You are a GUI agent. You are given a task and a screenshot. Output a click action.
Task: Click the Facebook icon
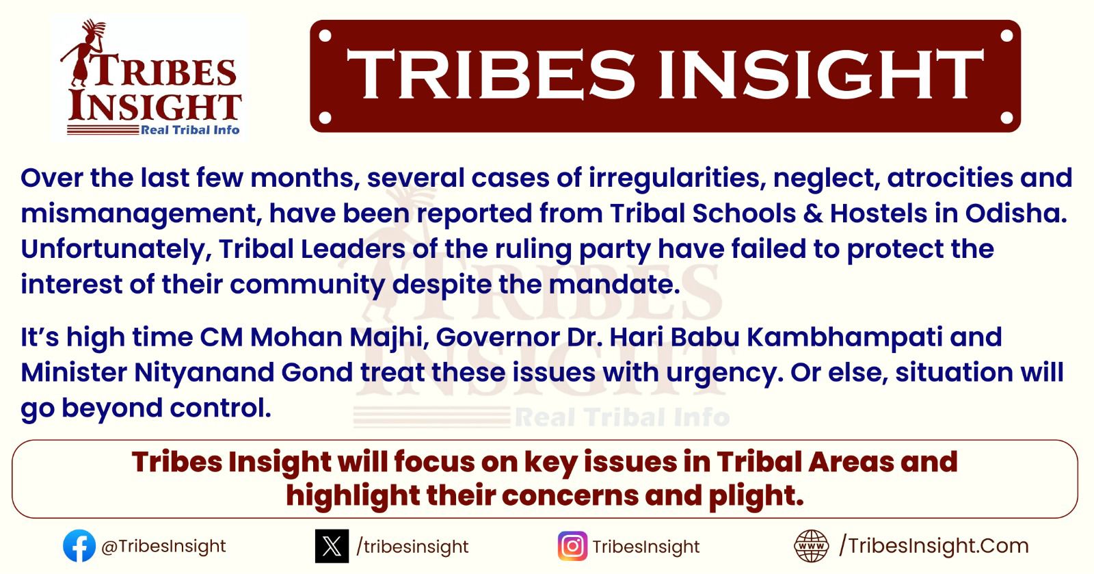coord(79,546)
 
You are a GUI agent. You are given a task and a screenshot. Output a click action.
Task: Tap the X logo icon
coord(332,546)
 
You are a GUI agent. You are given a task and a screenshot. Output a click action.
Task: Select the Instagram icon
coord(572,546)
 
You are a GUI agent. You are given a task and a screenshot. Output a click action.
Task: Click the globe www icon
coord(811,546)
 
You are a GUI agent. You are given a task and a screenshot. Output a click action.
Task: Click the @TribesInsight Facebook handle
coord(163,546)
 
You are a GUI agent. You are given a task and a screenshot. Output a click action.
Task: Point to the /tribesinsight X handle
coord(412,547)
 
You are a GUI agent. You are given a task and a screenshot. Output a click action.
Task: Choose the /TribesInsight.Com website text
coord(934,546)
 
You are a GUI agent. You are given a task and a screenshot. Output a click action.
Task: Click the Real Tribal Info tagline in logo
coord(190,130)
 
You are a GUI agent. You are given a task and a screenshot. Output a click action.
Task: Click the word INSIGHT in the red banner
coord(821,75)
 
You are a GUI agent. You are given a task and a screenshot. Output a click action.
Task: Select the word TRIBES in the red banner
coord(490,75)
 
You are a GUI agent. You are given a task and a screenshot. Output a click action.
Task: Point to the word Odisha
coord(1016,213)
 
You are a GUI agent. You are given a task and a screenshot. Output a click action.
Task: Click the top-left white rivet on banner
coord(325,36)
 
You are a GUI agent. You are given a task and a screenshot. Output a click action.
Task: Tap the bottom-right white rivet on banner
coord(1006,117)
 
